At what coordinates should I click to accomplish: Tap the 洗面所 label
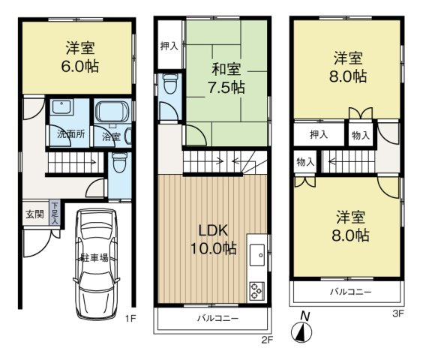70,136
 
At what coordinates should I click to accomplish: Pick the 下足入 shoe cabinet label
55,215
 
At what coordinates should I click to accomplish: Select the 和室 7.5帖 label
226,79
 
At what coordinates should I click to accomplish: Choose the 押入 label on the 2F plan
169,46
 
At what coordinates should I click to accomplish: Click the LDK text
213,230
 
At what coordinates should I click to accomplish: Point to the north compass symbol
304,331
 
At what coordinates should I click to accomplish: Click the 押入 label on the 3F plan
319,135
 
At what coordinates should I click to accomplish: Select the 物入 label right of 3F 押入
360,136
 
